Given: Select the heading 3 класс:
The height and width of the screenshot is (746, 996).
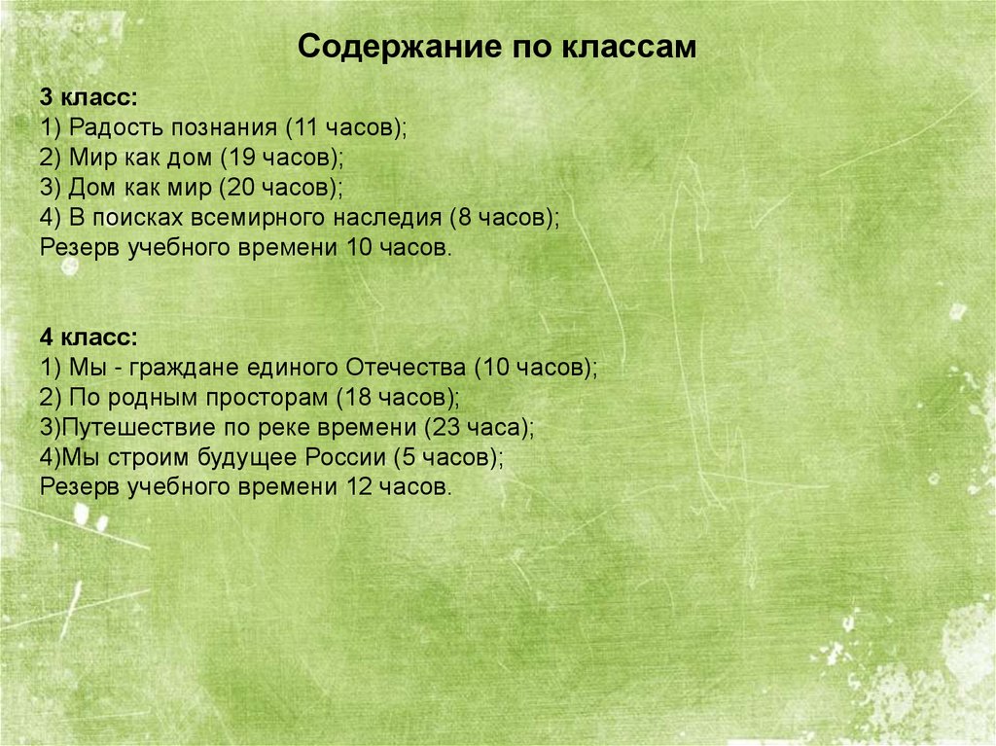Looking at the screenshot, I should [89, 98].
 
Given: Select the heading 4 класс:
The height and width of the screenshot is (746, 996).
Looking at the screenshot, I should [89, 338].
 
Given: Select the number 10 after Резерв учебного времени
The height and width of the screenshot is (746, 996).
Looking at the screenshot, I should [359, 247].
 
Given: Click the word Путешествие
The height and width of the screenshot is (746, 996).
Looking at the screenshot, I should [126, 428].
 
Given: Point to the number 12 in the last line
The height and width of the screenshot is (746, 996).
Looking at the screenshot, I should [359, 487].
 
